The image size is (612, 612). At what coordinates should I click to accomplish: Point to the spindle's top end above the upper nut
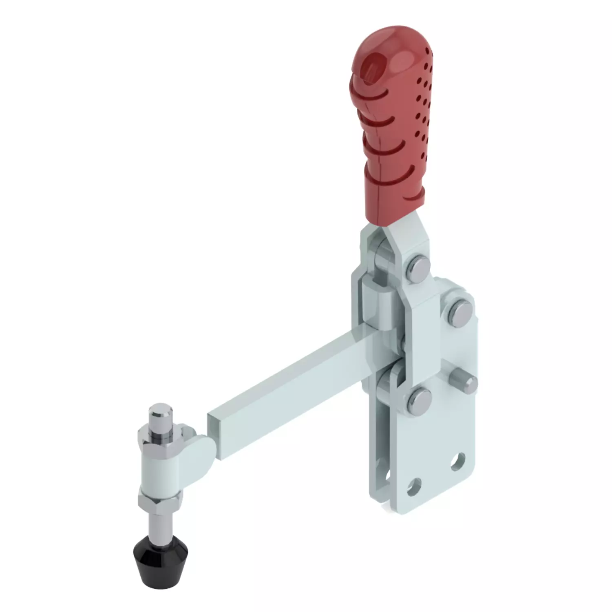pos(159,412)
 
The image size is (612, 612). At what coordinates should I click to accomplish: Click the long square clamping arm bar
pos(285,383)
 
